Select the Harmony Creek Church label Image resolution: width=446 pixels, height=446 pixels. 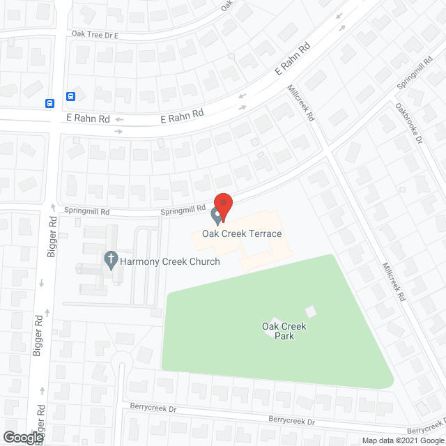170,262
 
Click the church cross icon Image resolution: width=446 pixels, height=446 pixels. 110,261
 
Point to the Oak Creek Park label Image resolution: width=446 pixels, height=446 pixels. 284,331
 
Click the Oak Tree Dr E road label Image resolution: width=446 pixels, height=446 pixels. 95,34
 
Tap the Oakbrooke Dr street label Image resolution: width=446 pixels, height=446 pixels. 409,123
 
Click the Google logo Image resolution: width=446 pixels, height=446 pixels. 22,437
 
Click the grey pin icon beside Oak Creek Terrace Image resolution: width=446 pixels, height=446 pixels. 217,218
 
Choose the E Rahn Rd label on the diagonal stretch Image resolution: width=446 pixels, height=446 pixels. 292,60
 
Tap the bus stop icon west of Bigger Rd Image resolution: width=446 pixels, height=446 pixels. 50,103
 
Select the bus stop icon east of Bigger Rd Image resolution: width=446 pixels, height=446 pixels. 71,96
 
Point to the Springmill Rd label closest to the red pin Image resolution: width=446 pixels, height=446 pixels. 183,208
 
